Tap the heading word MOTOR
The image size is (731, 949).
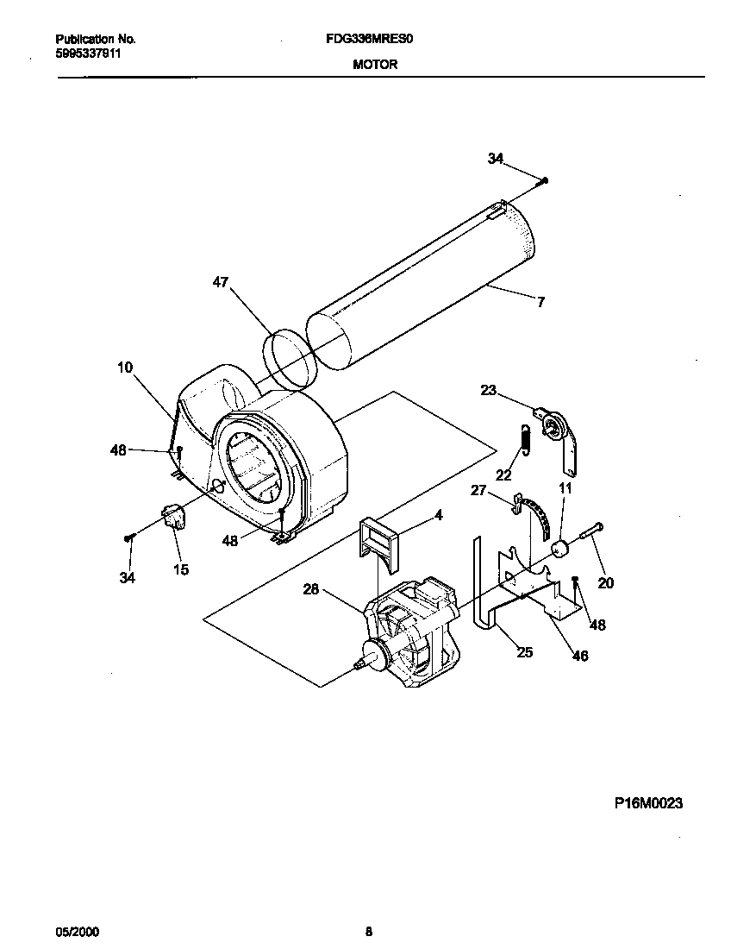(375, 64)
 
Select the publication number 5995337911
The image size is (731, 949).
(88, 53)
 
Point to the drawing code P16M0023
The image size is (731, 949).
(648, 803)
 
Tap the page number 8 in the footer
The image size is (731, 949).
(369, 932)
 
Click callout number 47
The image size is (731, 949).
(221, 282)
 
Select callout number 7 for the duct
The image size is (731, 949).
(540, 302)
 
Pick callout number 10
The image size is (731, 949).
(125, 368)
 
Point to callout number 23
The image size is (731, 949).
(489, 390)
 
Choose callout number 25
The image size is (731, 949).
(524, 652)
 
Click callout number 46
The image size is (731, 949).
(580, 656)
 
